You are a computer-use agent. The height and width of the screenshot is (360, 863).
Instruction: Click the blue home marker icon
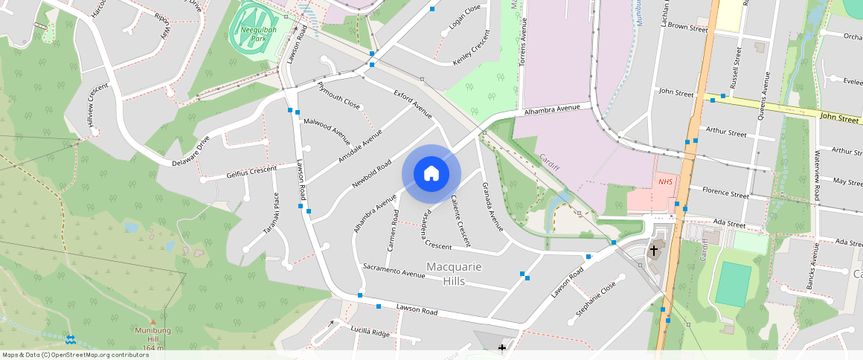click(x=431, y=173)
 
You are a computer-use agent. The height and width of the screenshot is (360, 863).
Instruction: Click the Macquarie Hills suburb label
click(x=453, y=274)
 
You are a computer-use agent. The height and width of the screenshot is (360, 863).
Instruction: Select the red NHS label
click(x=664, y=181)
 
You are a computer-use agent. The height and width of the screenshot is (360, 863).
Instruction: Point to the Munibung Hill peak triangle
click(x=154, y=321)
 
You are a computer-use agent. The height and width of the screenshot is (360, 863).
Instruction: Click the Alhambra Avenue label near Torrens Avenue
click(x=551, y=109)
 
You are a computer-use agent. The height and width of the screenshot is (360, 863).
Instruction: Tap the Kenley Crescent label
click(x=472, y=49)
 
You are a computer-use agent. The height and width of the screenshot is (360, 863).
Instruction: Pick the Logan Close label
click(x=465, y=19)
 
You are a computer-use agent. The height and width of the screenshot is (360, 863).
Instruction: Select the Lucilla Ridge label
click(x=370, y=332)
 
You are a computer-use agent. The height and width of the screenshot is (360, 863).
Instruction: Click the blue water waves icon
click(x=70, y=339)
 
